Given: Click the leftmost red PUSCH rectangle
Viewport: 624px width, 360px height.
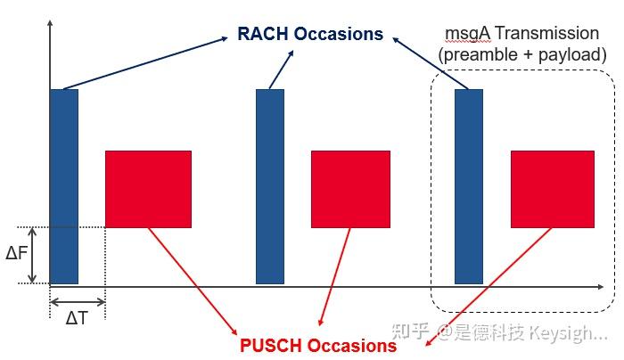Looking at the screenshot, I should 148,189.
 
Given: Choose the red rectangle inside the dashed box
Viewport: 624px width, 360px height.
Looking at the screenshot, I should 552,189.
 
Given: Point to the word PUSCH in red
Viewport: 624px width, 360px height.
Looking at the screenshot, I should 271,345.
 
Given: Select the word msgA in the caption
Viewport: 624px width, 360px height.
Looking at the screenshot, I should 466,34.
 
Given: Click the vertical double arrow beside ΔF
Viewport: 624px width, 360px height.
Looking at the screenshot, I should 33,256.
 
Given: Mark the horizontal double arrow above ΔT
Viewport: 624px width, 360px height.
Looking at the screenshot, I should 78,302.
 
